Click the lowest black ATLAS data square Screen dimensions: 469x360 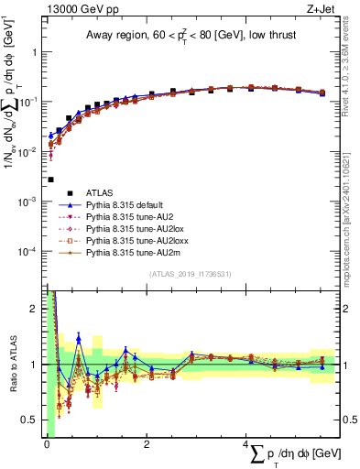pos(50,180)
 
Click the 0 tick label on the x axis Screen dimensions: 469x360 pos(46,444)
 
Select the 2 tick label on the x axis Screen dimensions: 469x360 pos(147,444)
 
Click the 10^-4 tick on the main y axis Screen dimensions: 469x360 pos(30,251)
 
